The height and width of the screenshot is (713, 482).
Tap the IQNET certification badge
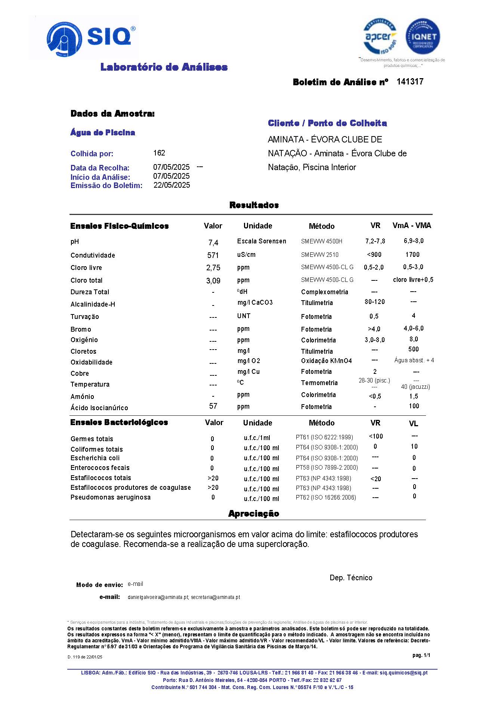point(423,37)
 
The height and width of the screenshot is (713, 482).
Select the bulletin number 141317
point(410,82)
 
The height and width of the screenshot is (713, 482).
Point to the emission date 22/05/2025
point(172,185)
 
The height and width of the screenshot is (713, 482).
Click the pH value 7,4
point(213,243)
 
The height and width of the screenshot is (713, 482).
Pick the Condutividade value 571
point(213,255)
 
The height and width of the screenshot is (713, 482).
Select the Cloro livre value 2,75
point(213,268)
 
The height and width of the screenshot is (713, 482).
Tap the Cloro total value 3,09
point(213,280)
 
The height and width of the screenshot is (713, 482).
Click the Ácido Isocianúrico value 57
point(213,406)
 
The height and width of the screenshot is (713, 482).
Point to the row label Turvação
point(85,317)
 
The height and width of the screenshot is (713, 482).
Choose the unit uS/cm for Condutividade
point(246,255)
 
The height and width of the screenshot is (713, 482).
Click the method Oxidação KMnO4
point(326,361)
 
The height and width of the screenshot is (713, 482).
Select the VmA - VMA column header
point(412,225)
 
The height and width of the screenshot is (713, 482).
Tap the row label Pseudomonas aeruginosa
point(111,497)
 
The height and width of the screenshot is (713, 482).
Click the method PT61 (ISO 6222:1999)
point(324,437)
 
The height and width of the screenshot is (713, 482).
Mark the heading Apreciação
point(254,513)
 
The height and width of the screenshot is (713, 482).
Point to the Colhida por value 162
point(159,153)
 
